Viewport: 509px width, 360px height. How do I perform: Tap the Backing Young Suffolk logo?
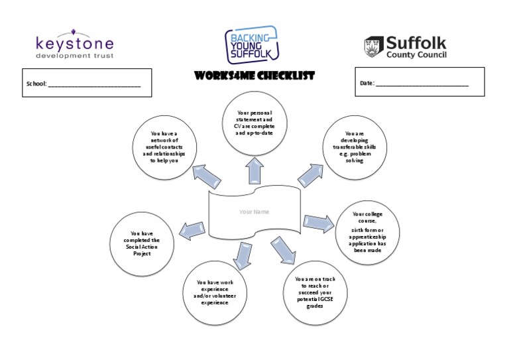click(251, 44)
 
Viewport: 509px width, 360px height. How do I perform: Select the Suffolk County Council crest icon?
click(373, 47)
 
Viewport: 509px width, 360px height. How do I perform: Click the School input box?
click(87, 83)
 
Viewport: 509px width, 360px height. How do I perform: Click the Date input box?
click(420, 82)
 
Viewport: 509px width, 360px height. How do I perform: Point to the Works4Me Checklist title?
click(254, 76)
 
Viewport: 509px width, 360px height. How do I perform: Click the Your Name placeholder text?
click(254, 212)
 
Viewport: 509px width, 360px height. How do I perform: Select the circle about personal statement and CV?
click(254, 122)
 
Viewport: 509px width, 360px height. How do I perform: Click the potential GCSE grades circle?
click(315, 290)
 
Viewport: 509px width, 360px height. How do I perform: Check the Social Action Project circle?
click(142, 243)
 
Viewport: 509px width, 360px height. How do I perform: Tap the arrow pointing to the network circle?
click(207, 177)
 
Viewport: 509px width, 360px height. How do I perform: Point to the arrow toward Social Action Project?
click(192, 229)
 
